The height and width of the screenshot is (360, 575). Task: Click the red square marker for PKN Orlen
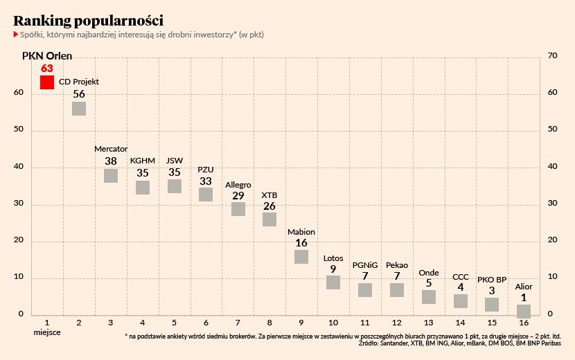[47, 82]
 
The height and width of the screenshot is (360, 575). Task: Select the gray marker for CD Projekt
[79, 108]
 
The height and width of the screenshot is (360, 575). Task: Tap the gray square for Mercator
[111, 175]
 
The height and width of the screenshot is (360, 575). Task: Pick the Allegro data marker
[238, 208]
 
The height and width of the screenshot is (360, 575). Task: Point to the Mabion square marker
[301, 257]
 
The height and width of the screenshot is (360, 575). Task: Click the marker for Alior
[524, 312]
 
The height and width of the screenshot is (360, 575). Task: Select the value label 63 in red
[47, 68]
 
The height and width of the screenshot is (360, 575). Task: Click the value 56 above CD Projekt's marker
[79, 94]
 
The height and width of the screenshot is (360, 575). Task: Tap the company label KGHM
[143, 161]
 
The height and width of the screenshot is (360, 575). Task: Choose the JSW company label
[175, 161]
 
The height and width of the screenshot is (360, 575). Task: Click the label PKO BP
[492, 280]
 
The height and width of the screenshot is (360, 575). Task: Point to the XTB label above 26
[269, 195]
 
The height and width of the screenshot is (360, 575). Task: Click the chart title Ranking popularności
[89, 20]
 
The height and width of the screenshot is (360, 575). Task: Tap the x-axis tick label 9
[301, 323]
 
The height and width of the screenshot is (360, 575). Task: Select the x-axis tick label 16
[524, 323]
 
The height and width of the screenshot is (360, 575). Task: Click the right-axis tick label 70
[553, 55]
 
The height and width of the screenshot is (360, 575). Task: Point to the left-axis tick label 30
[19, 204]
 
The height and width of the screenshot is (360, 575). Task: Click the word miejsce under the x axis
[47, 333]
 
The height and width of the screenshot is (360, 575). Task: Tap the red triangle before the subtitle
[16, 34]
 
